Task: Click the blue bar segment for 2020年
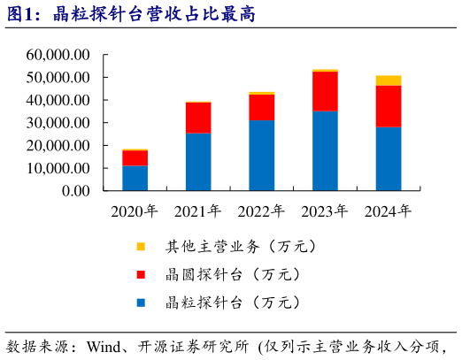135,178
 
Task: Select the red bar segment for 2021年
198,118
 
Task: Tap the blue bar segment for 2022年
261,155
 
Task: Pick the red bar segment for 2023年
325,91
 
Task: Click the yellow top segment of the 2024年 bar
389,80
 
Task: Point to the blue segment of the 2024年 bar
389,158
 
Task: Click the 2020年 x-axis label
135,211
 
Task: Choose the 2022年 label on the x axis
261,211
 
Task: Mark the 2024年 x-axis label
389,211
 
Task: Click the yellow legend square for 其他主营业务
141,247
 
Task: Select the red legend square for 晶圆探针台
141,275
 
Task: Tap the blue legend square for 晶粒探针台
141,303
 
